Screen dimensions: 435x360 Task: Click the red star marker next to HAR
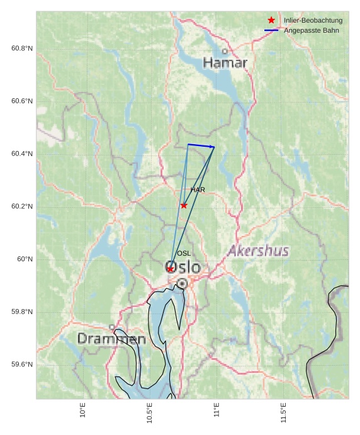tap(184, 205)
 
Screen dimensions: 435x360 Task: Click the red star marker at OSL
tap(170, 269)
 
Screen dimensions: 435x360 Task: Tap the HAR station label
tap(198, 189)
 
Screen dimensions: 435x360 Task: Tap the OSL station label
tap(184, 253)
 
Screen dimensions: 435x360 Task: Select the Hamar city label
tap(225, 63)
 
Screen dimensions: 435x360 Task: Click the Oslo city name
tap(183, 268)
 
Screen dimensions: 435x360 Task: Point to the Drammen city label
tap(111, 339)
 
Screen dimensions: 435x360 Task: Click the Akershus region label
tap(258, 251)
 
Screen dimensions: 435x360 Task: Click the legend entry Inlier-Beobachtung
tap(313, 20)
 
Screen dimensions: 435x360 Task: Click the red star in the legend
tap(271, 20)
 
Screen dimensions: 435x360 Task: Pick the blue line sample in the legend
tap(271, 30)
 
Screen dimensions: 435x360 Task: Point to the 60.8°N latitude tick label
tap(22, 48)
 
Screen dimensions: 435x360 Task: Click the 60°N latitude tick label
tap(25, 259)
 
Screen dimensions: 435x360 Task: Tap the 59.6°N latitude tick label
tap(22, 364)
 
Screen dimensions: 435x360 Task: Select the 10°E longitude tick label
tap(82, 410)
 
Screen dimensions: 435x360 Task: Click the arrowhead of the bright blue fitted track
tap(212, 147)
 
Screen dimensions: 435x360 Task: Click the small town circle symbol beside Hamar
tap(225, 52)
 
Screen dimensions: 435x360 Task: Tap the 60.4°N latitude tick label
tap(22, 154)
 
